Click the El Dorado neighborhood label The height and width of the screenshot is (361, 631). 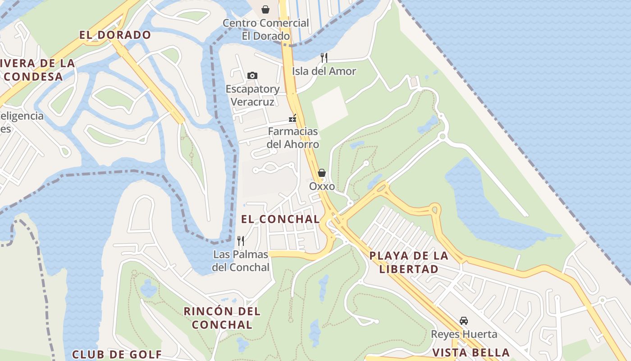(x=115, y=35)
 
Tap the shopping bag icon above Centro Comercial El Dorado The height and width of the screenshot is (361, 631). (x=265, y=9)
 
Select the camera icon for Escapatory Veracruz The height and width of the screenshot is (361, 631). (x=252, y=75)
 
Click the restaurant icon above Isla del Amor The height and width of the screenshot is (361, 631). (x=324, y=57)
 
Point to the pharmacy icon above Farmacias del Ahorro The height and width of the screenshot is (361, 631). (x=293, y=119)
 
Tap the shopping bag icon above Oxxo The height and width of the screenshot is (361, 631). (x=322, y=173)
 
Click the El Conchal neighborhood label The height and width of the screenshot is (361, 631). (x=280, y=219)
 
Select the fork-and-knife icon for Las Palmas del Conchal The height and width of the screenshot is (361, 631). (x=241, y=241)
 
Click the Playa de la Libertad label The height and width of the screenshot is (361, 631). (x=409, y=262)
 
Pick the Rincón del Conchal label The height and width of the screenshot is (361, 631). (x=222, y=318)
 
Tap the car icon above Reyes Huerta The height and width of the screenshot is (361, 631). (x=463, y=321)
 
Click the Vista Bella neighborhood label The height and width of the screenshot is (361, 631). (x=471, y=352)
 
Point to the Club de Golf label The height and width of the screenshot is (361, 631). (x=117, y=354)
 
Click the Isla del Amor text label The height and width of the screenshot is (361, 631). (x=324, y=71)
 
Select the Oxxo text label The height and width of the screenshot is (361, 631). (x=322, y=186)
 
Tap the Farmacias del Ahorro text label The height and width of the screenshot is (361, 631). (x=293, y=138)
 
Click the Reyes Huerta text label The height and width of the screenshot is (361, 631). (x=464, y=334)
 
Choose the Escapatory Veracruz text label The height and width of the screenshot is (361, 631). (x=252, y=95)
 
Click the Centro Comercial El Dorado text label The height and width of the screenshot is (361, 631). (x=266, y=29)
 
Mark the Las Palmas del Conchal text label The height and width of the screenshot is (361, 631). (x=241, y=261)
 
